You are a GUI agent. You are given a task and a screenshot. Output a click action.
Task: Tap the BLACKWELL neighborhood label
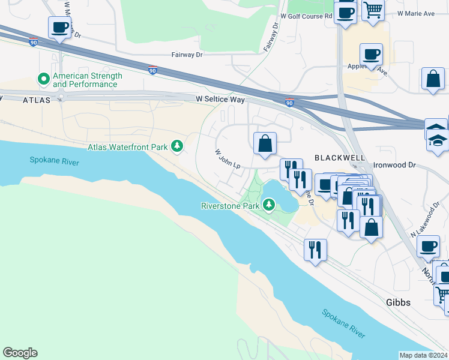[339, 157]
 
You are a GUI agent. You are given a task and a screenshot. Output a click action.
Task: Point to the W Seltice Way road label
[220, 98]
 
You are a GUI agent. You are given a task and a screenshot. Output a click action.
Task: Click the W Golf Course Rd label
[306, 17]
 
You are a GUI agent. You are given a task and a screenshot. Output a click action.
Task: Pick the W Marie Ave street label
[418, 13]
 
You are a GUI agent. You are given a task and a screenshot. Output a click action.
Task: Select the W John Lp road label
[228, 159]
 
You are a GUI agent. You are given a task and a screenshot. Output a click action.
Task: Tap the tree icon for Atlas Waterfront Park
[177, 146]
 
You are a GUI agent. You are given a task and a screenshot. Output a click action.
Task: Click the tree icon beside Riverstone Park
[269, 206]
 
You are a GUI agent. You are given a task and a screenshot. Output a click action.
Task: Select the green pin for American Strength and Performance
[43, 79]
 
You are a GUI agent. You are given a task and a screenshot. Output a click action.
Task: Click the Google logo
[20, 353]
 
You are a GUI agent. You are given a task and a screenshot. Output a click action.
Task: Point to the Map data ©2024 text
[423, 355]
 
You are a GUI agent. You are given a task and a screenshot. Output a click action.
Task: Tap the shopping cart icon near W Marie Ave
[373, 11]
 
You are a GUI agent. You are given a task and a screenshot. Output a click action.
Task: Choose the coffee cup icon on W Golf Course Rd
[345, 12]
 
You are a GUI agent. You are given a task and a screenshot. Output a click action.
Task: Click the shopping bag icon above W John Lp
[264, 144]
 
